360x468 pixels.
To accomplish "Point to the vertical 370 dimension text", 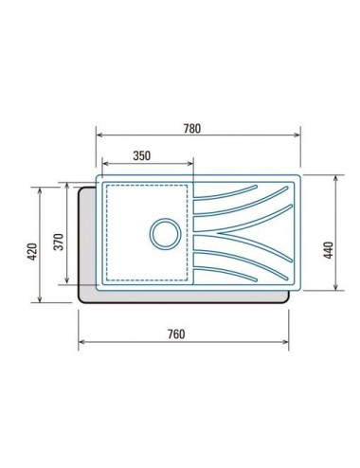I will point(59,241).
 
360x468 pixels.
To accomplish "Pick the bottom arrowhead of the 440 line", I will point(338,290).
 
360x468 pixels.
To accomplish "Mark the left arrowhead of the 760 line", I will point(81,342).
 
